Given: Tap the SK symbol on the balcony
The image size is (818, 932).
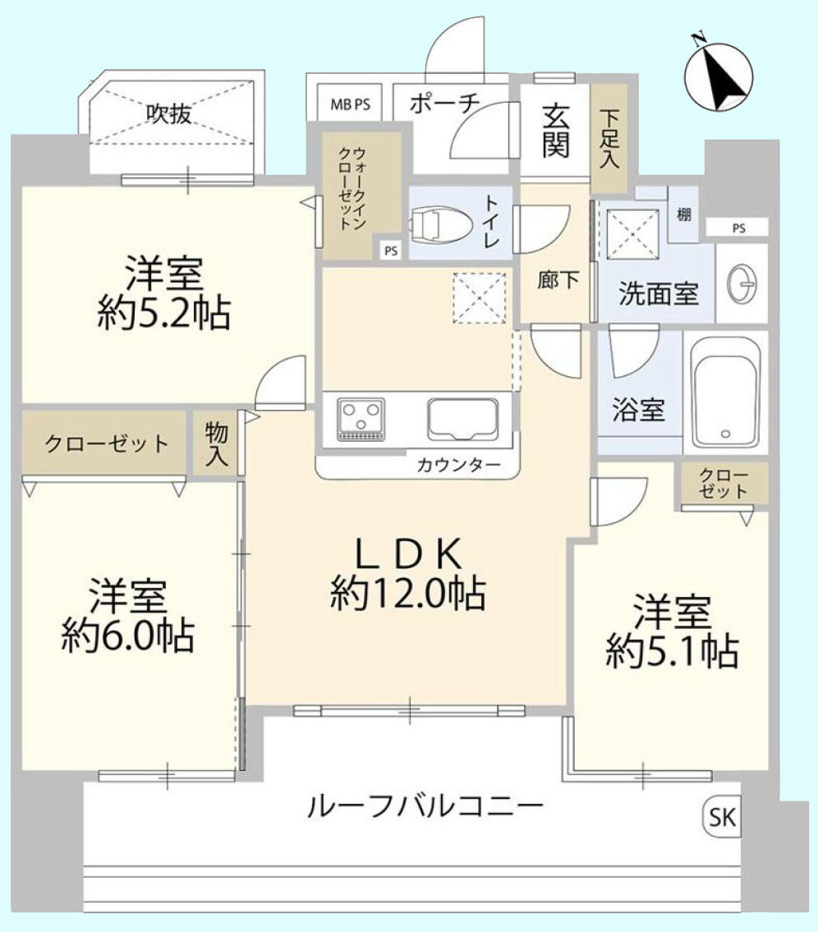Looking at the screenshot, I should point(722,817).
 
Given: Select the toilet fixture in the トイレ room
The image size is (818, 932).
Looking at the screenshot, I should point(440,223).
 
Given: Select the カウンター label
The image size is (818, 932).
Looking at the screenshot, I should point(458,465).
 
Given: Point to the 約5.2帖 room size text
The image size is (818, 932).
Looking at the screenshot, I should point(163,312).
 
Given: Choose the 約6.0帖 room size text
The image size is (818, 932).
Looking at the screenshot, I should point(128,633).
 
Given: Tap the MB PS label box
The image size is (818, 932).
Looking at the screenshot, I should point(350,104).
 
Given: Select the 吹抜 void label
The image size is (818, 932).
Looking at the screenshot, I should point(169,114).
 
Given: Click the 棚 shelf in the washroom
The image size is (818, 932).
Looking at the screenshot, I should point(682,214).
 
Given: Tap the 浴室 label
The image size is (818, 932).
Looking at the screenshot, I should point(638,410).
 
